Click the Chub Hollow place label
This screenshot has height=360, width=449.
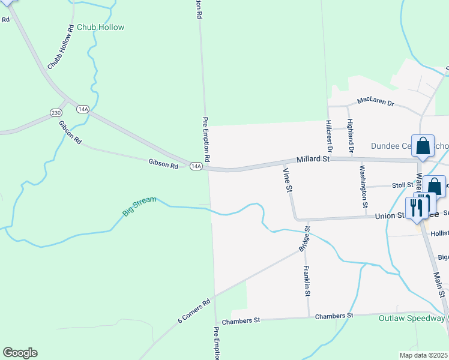coord(100,27)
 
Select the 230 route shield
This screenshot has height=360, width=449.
coord(56,112)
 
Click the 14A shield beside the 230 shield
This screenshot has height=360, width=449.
coord(83,109)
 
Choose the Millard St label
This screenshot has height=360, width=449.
coord(313,160)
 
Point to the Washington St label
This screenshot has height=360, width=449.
coord(364,186)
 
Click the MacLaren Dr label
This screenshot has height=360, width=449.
coord(375,103)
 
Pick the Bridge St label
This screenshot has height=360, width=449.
coord(305,239)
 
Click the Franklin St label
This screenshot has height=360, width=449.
coord(307,281)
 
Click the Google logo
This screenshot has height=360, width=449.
coord(20,353)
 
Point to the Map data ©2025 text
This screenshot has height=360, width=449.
coord(423,355)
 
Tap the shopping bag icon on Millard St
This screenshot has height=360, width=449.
coord(423,146)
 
